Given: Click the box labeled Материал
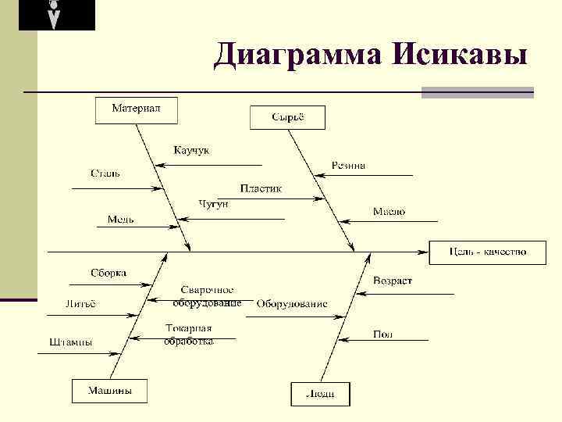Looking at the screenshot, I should click(136, 110).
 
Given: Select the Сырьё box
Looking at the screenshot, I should click(287, 118).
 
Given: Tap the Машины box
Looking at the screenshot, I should click(109, 391).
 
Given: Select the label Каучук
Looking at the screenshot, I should click(191, 150).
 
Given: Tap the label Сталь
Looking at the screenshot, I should click(105, 173).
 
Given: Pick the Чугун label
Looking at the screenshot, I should click(213, 204).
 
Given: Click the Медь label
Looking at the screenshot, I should click(121, 220).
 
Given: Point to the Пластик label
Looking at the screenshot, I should click(261, 188).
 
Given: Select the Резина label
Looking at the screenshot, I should click(348, 166).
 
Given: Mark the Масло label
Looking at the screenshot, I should click(388, 212).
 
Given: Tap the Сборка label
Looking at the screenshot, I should click(108, 273).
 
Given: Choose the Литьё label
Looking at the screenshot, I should click(80, 304).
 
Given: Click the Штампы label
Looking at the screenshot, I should click(71, 342).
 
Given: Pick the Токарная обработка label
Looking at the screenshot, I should click(188, 334).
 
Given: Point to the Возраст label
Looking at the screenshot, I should click(393, 281).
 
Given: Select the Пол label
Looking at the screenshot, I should click(382, 334).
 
